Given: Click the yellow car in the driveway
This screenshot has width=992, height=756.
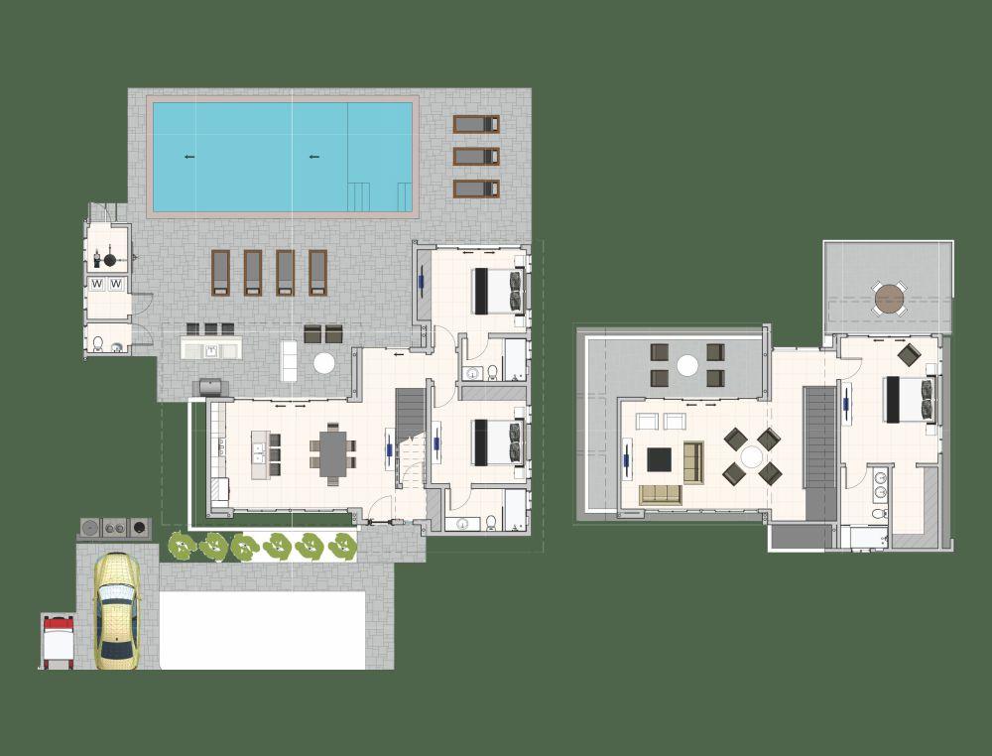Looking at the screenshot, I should pos(116,610).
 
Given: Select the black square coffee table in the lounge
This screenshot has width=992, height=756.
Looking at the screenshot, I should pos(660,459).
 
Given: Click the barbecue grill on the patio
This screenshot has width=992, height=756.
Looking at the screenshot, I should pos(212,386).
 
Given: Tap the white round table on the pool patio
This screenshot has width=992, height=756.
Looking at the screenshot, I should pos(324,363).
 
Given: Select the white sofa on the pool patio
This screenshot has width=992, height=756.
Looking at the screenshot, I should pos(289,359).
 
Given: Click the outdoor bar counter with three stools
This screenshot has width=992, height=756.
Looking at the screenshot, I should pos(210,348).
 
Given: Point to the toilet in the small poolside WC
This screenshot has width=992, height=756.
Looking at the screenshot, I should pos(99,345).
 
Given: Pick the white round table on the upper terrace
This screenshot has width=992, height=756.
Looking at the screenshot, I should pos(686,365).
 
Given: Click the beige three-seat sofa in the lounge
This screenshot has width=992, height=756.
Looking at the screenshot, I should pos(660,494).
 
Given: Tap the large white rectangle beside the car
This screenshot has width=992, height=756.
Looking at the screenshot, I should pos(263,629).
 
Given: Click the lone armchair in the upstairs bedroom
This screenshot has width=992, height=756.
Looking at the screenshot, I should pos(908,354).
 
